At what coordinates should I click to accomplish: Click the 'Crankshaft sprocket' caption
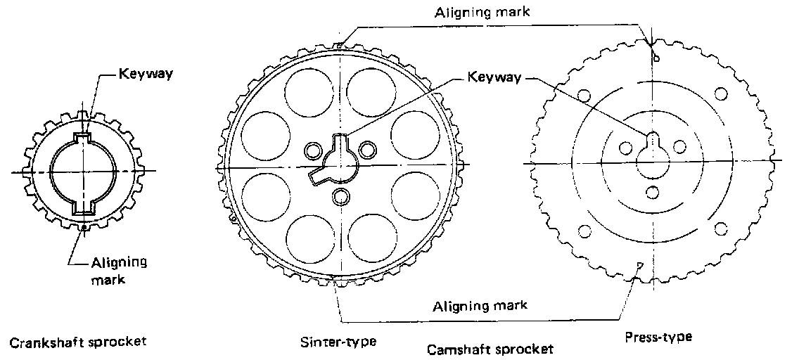(x=77, y=343)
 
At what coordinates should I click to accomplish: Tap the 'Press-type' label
(x=658, y=337)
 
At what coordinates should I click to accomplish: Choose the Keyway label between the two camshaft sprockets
(x=494, y=77)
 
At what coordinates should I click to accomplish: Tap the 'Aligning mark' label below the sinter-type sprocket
(x=480, y=306)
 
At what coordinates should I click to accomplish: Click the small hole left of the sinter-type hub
(x=312, y=150)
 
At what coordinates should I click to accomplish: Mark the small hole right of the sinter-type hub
(x=366, y=149)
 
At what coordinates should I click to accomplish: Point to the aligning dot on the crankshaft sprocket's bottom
(x=84, y=226)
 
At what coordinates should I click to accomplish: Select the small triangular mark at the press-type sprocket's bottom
(x=638, y=265)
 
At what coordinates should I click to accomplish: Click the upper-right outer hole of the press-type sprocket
(x=720, y=94)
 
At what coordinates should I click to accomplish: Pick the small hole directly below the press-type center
(x=652, y=192)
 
